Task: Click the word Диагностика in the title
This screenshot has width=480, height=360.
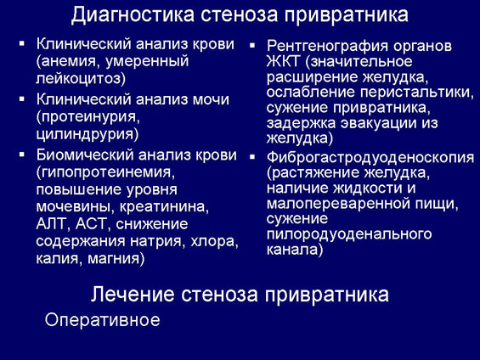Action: point(133,14)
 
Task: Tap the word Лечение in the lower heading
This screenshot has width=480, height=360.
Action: point(133,294)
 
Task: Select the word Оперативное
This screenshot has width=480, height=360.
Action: point(102,320)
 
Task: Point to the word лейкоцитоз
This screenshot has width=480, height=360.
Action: point(79,78)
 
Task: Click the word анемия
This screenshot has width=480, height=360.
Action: point(69,61)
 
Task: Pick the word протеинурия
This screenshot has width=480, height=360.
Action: point(88,117)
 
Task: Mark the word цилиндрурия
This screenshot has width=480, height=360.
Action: point(85,134)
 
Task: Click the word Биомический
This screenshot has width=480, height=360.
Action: point(85,155)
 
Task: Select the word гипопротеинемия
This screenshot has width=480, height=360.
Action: point(105,173)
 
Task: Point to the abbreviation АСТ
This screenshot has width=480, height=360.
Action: point(93,224)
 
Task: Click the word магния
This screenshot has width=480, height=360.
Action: point(114,259)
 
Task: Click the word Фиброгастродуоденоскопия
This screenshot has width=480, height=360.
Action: point(370,158)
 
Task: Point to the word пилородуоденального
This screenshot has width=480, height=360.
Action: point(349,234)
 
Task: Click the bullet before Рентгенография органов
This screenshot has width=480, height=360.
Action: point(252,46)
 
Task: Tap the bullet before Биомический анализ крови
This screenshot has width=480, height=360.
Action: point(22,155)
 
